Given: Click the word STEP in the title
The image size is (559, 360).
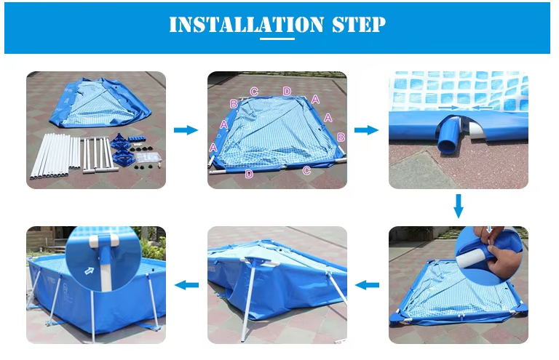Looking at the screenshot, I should click(359, 25).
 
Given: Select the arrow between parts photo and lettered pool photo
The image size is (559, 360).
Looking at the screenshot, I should click(186, 129).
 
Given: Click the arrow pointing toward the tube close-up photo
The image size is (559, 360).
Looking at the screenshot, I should click(366, 130).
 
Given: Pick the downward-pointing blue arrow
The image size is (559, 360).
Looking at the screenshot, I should click(458, 206).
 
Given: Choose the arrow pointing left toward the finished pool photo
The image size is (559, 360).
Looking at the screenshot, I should click(187, 285).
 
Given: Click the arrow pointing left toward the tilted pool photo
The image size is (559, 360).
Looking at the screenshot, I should click(367, 285).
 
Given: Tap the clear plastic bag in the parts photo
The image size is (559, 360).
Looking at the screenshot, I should click(149, 157).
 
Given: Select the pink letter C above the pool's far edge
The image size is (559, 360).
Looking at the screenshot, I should click(254, 91).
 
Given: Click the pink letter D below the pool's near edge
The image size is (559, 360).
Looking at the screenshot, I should click(249, 174).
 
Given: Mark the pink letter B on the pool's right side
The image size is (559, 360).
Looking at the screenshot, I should click(340, 137).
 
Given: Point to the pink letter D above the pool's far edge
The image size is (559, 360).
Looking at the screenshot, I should click(287, 91).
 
